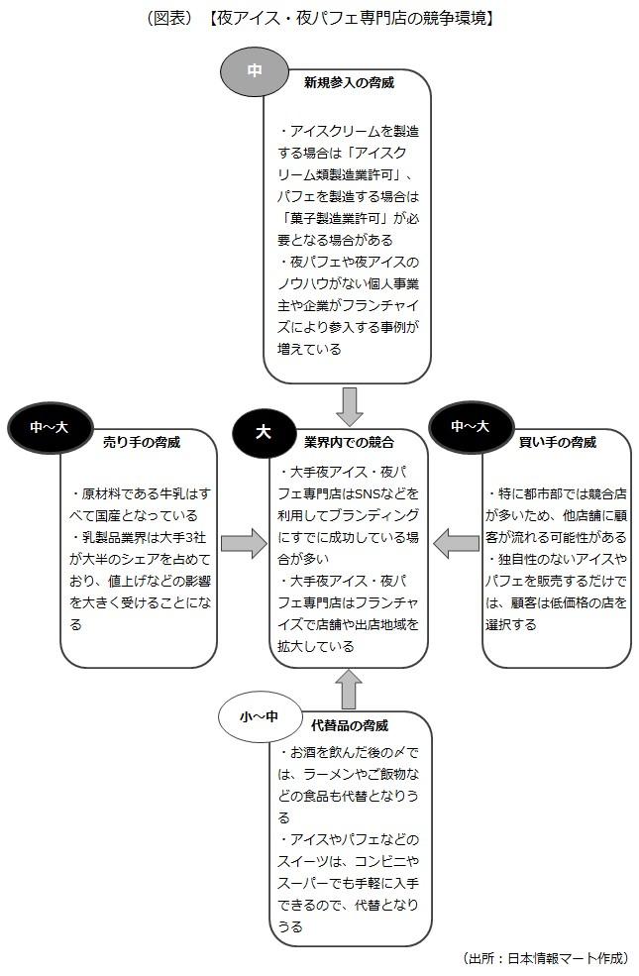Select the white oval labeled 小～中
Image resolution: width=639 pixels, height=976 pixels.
tap(253, 715)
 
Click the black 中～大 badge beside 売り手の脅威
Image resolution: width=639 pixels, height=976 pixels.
tap(48, 427)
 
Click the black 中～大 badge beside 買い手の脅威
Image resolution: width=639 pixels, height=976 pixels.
tap(470, 427)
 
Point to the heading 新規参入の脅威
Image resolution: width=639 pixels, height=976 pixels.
tap(349, 83)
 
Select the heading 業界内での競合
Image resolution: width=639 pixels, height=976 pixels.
tap(349, 440)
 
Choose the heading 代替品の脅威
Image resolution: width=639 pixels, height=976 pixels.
tap(349, 725)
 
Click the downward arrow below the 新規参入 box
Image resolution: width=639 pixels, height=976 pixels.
tap(350, 405)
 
